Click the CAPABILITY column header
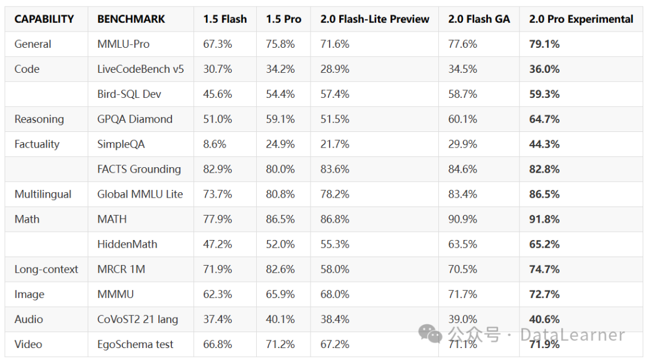pos(44,19)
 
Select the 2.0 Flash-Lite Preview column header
pos(374,19)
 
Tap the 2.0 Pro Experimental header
pos(580,19)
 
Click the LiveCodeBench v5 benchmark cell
pos(140,69)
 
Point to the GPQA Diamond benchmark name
pos(134,119)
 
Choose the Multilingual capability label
pos(43,195)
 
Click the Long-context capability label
pos(46,270)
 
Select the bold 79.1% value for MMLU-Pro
pos(544,44)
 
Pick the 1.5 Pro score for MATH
pos(280,220)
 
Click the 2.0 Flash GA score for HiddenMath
pos(462,245)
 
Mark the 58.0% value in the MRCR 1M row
pos(334,270)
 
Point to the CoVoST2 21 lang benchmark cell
pos(137,320)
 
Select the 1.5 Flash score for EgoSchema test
pos(217,345)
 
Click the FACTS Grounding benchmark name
pos(139,170)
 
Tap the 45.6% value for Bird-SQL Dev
pos(217,94)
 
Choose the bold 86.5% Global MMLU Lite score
pos(544,195)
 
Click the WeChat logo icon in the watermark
pos(430,334)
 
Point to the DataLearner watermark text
pos(572,335)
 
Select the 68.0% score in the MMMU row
pos(334,295)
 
